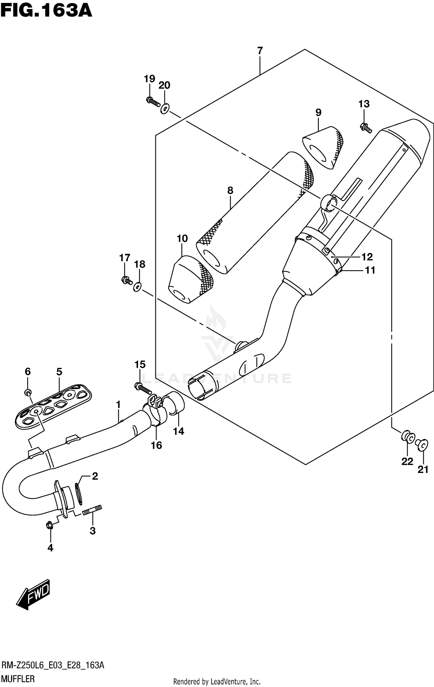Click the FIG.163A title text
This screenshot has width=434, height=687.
click(x=46, y=11)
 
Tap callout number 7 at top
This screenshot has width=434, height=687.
click(x=260, y=51)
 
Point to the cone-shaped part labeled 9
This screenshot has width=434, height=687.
click(x=323, y=147)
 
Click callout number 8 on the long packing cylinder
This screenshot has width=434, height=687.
click(x=230, y=191)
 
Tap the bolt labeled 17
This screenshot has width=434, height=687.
click(x=126, y=280)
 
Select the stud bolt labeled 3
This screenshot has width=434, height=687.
click(x=92, y=512)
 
